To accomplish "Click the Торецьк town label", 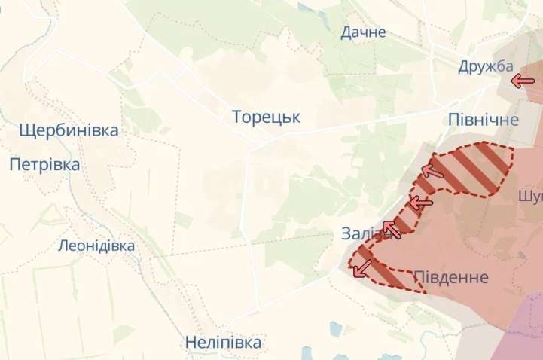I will point(266,117).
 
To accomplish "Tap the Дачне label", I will point(363,32).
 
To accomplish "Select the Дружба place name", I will point(485,66).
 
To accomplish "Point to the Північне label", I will point(483,120).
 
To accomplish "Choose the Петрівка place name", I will point(44,164).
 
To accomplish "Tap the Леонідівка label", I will point(96,246).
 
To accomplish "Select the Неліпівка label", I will point(224,343).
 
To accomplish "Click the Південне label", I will point(451,277).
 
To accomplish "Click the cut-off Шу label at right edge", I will point(530,196).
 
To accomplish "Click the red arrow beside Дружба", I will point(521,80).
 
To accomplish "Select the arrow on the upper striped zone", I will point(432,170).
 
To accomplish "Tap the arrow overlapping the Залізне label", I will point(392,227).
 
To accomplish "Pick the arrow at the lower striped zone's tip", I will point(363,267).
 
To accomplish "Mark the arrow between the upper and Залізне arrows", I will point(420,202).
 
